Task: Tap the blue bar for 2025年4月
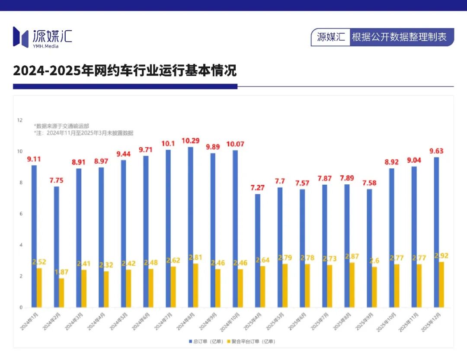(x=258, y=251)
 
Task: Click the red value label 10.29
(x=191, y=141)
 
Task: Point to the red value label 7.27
(x=258, y=188)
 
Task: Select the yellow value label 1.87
(x=61, y=272)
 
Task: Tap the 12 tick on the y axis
(x=19, y=120)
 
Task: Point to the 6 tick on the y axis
(x=20, y=214)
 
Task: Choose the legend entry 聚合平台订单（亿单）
(x=253, y=341)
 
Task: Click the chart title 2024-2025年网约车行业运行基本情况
(x=125, y=71)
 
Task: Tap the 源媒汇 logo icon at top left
(x=20, y=37)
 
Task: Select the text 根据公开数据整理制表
(x=399, y=37)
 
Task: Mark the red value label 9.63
(x=437, y=151)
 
